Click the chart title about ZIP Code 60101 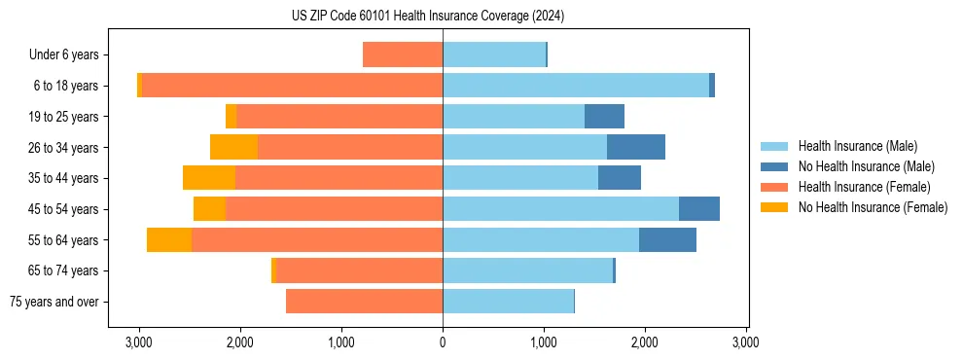(427, 16)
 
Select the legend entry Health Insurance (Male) (857, 146)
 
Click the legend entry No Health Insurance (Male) (866, 166)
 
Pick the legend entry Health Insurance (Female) (864, 187)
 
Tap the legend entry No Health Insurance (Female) (873, 207)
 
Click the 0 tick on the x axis (443, 342)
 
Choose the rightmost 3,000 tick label (746, 342)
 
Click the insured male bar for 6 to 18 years (576, 86)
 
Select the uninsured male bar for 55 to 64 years (667, 239)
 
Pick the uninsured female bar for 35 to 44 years (209, 178)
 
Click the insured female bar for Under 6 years (403, 55)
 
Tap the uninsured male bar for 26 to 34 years (636, 147)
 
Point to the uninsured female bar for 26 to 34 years (233, 147)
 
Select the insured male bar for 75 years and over (508, 302)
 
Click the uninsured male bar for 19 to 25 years (604, 117)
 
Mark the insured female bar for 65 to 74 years (359, 270)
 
